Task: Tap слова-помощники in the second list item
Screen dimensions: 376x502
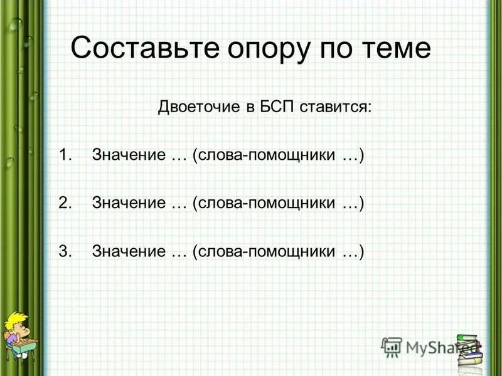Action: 266,203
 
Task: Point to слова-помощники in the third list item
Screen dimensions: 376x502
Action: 266,251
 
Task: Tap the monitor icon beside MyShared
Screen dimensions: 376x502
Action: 392,347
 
